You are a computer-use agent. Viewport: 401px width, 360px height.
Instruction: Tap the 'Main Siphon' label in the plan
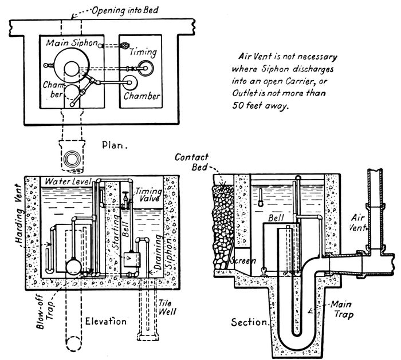(68, 43)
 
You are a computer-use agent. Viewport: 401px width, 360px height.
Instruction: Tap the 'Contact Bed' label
(190, 162)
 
